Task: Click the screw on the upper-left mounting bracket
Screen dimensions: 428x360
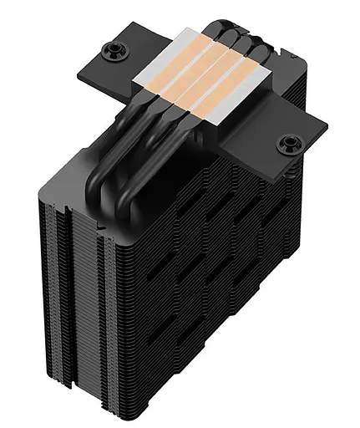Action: coord(110,51)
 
